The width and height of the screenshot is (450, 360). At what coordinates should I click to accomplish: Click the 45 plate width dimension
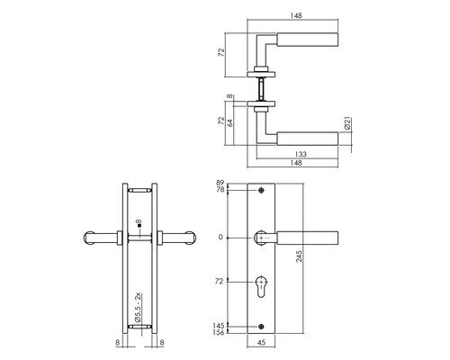coord(262,342)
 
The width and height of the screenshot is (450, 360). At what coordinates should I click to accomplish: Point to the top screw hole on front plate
coord(262,192)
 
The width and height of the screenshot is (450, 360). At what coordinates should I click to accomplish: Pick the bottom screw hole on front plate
coord(262,326)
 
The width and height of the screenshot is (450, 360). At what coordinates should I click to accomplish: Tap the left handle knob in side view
coord(93,238)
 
